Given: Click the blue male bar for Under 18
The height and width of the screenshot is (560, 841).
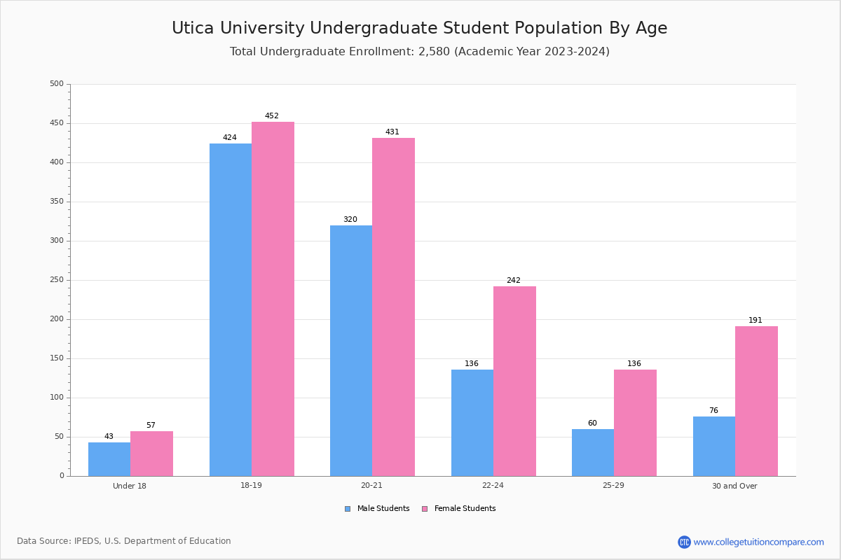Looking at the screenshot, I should [x=109, y=459].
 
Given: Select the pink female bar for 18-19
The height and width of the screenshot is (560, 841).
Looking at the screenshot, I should [x=273, y=299].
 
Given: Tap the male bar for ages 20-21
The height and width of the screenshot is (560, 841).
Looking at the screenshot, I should [x=351, y=351].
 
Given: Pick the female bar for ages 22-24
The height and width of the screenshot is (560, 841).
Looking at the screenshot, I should [x=514, y=381].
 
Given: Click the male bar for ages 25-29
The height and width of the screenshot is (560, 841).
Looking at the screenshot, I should [x=593, y=452].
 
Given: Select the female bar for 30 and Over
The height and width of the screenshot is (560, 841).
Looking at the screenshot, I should [x=756, y=401].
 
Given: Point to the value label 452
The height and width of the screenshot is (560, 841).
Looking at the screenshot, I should [x=272, y=116].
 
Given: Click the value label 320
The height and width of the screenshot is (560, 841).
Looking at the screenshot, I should [x=350, y=220].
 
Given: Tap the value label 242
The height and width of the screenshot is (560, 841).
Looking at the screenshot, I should [x=514, y=281].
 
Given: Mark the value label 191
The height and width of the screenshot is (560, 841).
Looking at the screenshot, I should [x=755, y=321].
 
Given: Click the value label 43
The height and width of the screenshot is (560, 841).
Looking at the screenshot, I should [x=109, y=437].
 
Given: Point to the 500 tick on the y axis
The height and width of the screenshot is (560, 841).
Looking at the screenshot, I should [x=57, y=84].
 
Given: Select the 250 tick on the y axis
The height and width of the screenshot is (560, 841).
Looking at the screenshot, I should [x=57, y=280].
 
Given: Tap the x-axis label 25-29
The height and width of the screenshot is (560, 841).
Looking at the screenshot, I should [x=613, y=486].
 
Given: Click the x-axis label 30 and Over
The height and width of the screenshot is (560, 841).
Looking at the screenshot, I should [x=734, y=486].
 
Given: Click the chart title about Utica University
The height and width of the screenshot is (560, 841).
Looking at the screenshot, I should [x=420, y=28].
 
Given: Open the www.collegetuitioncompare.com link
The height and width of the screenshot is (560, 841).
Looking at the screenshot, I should [x=758, y=542].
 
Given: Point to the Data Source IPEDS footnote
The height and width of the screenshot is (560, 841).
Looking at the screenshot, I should [x=124, y=541].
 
